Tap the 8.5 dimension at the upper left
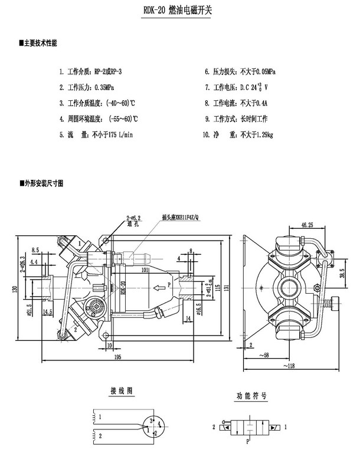tap(36, 251)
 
